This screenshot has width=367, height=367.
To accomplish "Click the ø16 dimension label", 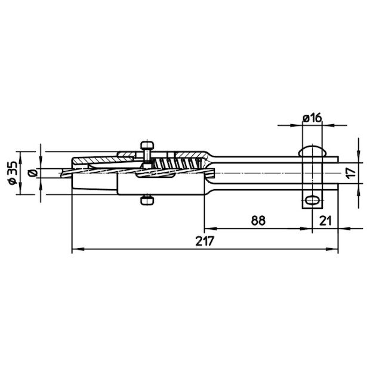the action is pos(312,118).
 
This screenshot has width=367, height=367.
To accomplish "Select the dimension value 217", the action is pos(205,241).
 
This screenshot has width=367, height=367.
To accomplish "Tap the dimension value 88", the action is pos(258,220).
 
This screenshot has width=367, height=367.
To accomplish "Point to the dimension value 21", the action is pos(326,220).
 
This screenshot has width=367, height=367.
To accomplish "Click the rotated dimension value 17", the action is pos(351,173).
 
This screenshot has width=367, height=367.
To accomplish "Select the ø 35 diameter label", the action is pos(13,172).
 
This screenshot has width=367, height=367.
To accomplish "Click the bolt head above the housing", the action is pos(147,146).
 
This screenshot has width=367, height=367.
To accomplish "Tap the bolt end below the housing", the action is pos(147,201).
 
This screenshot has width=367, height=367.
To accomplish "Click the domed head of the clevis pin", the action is pos(312,151).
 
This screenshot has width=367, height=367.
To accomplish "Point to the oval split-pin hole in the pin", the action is pos(312,201).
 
